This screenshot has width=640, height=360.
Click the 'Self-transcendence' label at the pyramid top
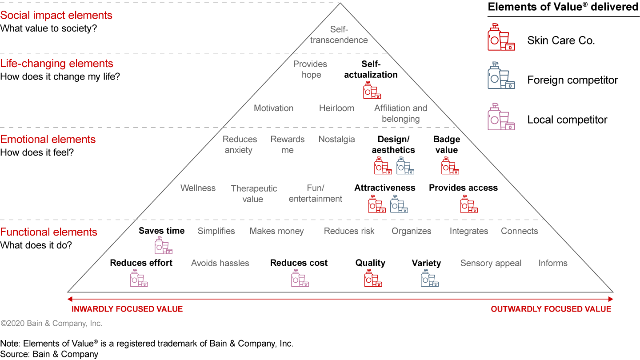(x=339, y=35)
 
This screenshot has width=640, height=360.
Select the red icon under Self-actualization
(x=372, y=90)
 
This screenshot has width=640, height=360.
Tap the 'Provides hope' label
(x=310, y=69)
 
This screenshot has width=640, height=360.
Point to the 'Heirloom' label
(x=336, y=108)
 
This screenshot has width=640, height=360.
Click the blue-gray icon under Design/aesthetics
(x=405, y=165)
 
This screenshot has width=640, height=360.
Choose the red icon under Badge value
(x=450, y=165)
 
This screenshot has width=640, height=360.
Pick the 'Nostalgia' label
(x=336, y=139)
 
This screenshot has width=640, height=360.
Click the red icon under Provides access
(x=468, y=204)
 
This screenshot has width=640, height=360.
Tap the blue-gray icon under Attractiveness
(x=399, y=204)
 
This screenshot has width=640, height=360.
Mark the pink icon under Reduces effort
(x=138, y=278)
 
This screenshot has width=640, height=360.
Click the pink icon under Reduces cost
(x=300, y=278)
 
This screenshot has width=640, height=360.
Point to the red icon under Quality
(x=372, y=278)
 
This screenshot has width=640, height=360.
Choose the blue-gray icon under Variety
(x=429, y=278)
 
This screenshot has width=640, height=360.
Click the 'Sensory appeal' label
(x=491, y=263)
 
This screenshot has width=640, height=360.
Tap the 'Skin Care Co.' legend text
(x=561, y=40)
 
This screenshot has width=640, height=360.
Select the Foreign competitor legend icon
(x=501, y=76)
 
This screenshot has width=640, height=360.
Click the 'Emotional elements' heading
(x=48, y=139)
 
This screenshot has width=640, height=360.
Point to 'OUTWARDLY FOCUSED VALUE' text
(x=551, y=309)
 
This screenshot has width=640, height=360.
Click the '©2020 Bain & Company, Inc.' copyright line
(x=51, y=324)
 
